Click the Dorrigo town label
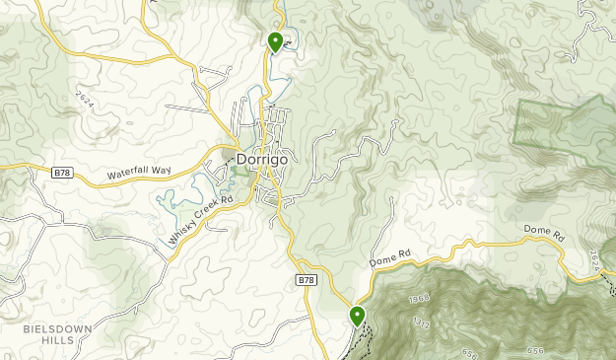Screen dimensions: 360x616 tap(262, 158)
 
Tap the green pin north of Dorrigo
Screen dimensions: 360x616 tap(275, 41)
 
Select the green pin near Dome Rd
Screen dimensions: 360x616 tap(356, 316)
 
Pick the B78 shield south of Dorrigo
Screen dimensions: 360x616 tap(307, 281)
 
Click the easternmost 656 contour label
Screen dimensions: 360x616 tap(535, 352)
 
